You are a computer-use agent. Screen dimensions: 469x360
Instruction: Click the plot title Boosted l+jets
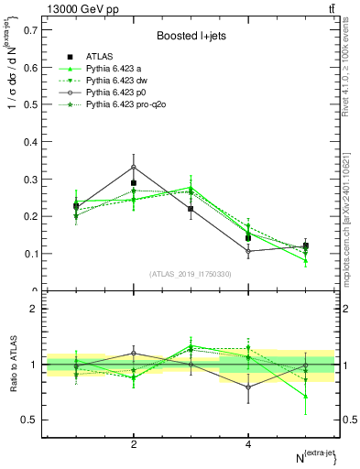click(x=191, y=37)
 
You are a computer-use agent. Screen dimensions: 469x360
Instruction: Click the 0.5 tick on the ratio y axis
click(x=29, y=420)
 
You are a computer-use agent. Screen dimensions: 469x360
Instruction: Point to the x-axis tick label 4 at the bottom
click(x=248, y=444)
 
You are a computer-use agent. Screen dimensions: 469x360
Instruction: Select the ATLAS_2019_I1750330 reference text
click(x=191, y=274)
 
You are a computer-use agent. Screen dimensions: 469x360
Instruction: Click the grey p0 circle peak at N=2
click(x=134, y=167)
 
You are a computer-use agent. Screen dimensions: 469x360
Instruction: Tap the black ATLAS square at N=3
click(x=191, y=209)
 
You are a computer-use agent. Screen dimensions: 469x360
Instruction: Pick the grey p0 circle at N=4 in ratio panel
click(x=248, y=387)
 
